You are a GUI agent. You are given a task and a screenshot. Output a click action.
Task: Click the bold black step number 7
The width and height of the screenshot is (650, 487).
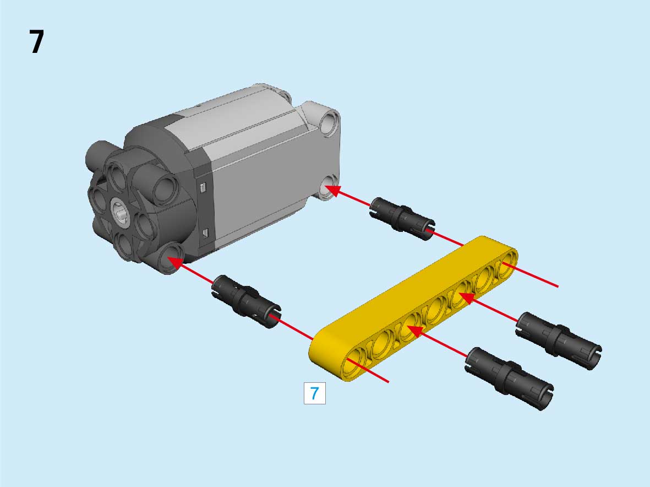(x=36, y=41)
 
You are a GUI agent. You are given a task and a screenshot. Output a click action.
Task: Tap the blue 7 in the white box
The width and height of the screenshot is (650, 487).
(x=315, y=393)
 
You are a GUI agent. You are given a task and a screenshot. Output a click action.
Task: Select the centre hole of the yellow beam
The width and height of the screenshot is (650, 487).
(x=434, y=310)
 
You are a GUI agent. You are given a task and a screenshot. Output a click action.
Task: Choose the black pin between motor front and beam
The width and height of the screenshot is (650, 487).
(x=246, y=301)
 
